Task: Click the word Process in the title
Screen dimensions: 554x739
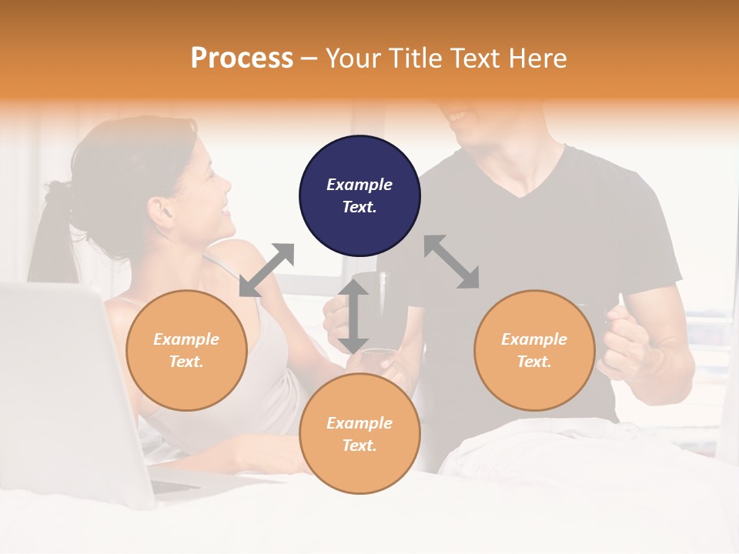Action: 242,58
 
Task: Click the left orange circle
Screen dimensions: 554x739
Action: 186,350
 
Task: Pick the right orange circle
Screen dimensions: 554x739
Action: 534,350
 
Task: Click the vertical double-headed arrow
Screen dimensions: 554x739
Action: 353,316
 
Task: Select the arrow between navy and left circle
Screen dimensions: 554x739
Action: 266,270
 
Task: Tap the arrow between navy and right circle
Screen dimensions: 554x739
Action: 452,262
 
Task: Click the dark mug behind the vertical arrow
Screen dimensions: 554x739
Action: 377,304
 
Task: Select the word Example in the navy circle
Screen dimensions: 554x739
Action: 359,185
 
